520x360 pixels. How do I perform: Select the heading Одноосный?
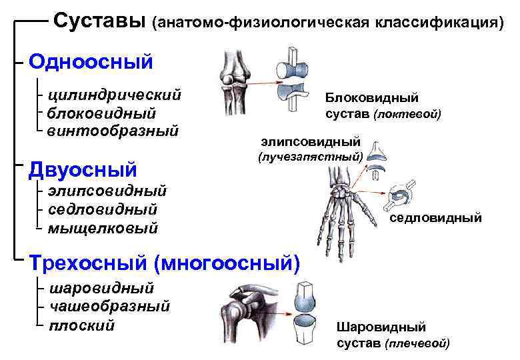point(91,62)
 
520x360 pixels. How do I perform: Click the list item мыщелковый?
point(103,229)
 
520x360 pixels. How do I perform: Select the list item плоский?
point(81,325)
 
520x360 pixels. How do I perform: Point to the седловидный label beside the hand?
point(435,218)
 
